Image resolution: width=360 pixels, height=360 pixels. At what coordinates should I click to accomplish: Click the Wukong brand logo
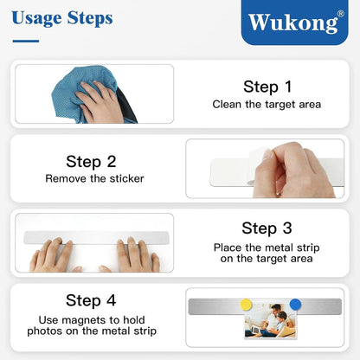point(294,22)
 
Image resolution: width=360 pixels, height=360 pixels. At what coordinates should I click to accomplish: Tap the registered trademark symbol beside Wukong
point(341,14)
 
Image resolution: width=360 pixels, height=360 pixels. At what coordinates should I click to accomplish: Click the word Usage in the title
point(37,18)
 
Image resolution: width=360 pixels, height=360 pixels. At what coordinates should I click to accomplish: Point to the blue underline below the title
point(26,41)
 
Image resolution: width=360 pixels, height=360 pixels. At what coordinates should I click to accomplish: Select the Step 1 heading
point(267,87)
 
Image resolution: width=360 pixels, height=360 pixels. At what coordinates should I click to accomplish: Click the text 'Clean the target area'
point(267,105)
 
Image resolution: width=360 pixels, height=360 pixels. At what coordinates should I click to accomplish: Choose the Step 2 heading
point(91,162)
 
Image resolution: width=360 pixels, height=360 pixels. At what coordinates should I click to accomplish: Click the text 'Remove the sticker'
point(94,178)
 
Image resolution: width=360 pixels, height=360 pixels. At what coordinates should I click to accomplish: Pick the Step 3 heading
point(267,228)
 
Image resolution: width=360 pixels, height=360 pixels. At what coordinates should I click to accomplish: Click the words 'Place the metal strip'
point(267,247)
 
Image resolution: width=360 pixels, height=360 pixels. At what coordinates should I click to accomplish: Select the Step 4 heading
point(91,300)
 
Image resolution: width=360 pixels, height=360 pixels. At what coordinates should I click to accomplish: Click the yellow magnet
point(246,305)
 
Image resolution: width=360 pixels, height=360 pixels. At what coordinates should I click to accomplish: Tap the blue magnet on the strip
point(295,305)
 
